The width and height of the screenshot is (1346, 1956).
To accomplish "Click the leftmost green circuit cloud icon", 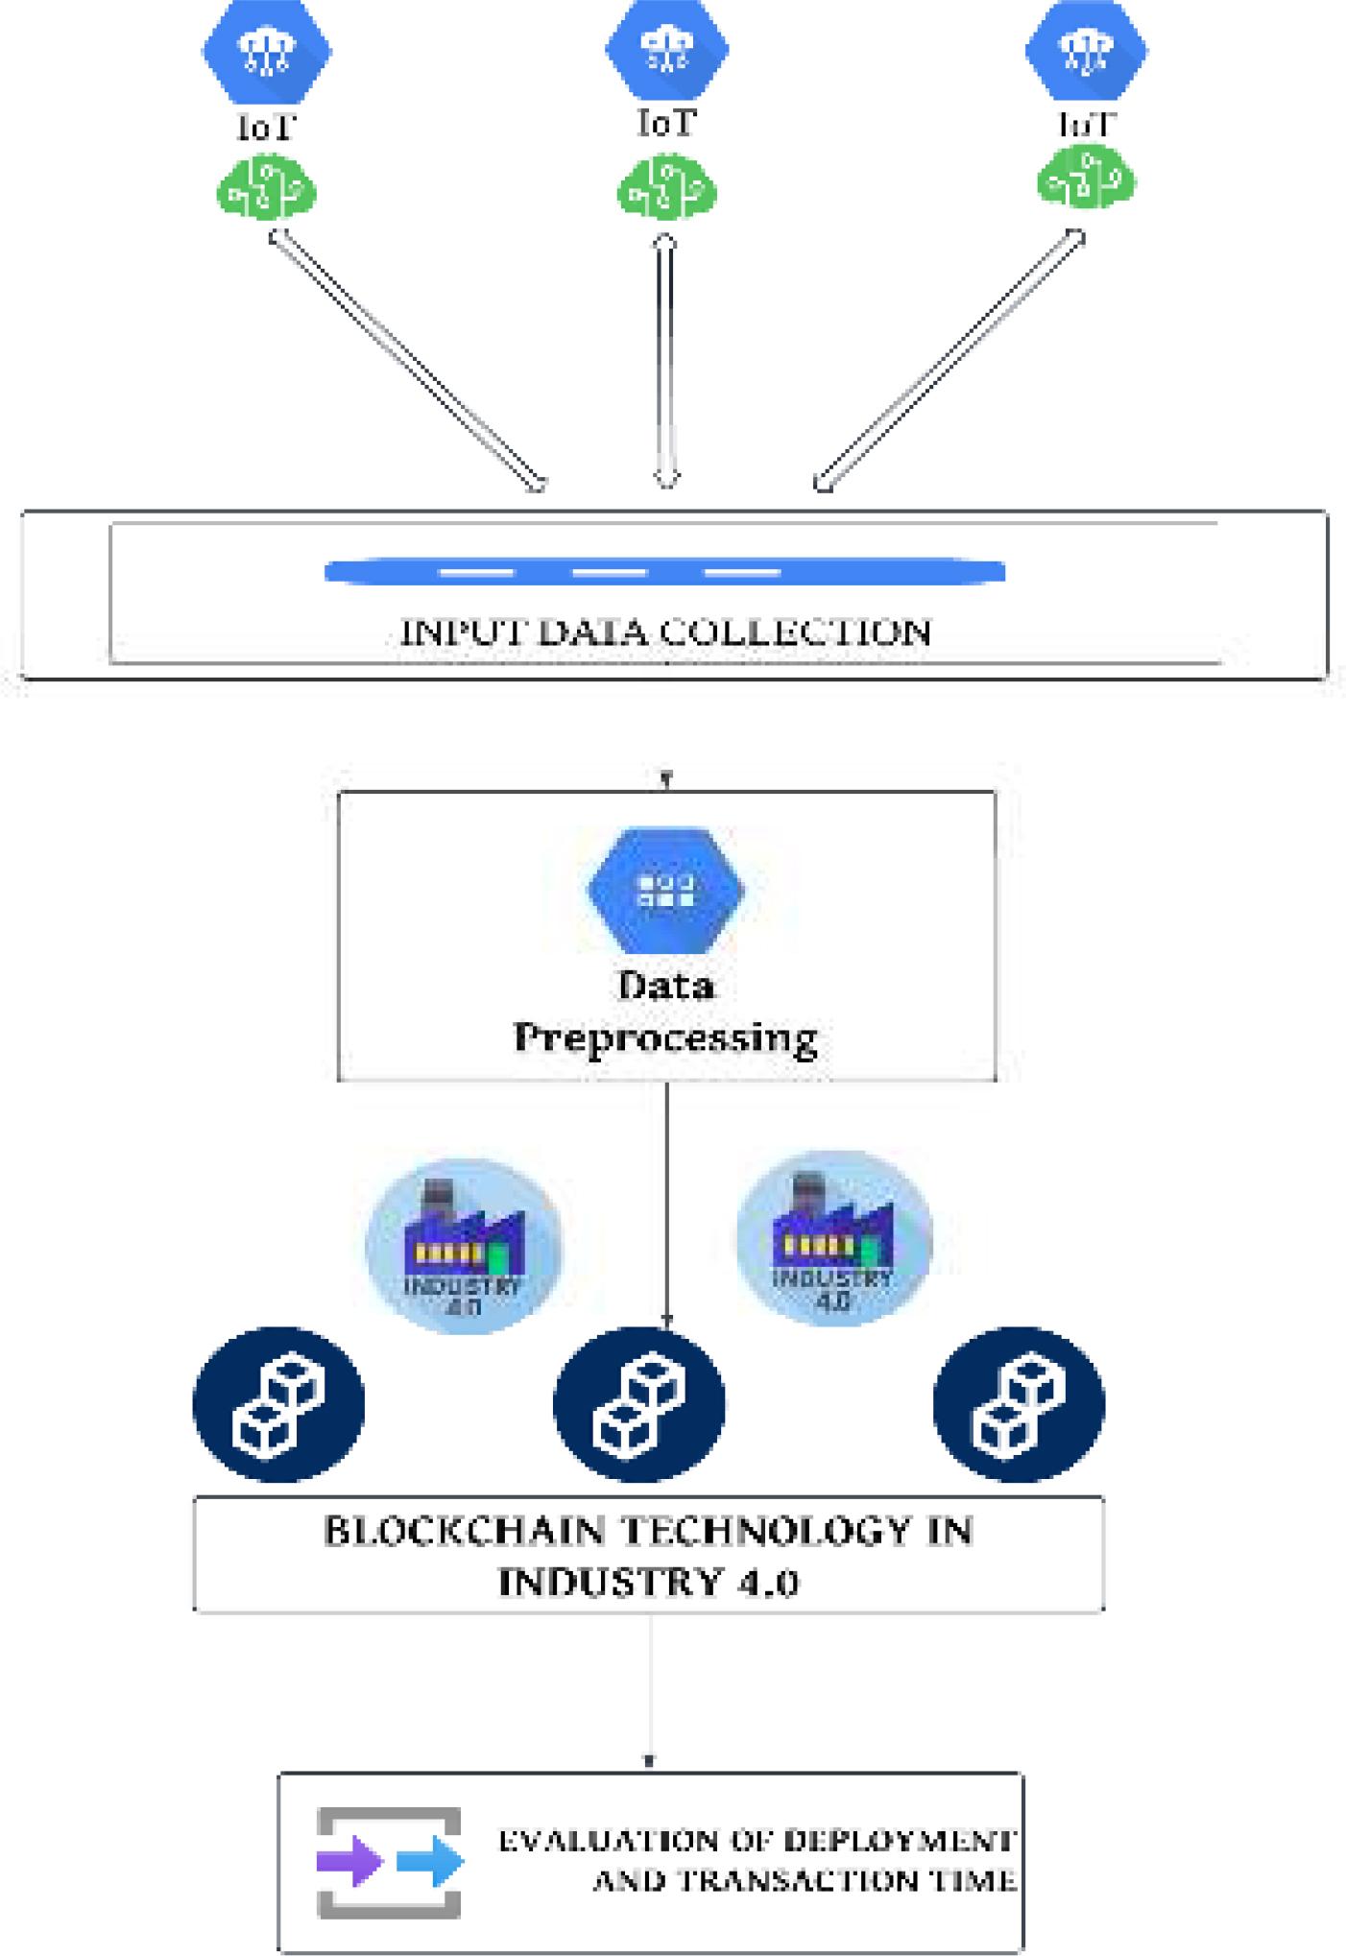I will click(267, 188).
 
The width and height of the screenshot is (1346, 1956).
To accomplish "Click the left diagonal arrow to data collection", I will click(407, 361).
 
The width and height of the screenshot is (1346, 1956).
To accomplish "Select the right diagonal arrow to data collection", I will click(949, 361).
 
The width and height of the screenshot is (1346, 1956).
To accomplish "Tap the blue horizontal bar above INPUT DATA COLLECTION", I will click(664, 572).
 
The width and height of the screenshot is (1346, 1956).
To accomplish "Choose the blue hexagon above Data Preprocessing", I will click(666, 889).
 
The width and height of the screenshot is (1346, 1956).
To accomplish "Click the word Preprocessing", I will click(665, 1038).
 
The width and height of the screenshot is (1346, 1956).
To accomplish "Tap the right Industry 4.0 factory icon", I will click(833, 1238).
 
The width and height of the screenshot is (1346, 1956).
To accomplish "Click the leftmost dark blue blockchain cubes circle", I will click(278, 1405).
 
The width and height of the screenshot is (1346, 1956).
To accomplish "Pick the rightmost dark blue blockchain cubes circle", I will click(1019, 1405).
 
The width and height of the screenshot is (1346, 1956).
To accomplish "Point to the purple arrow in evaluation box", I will click(349, 1862).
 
